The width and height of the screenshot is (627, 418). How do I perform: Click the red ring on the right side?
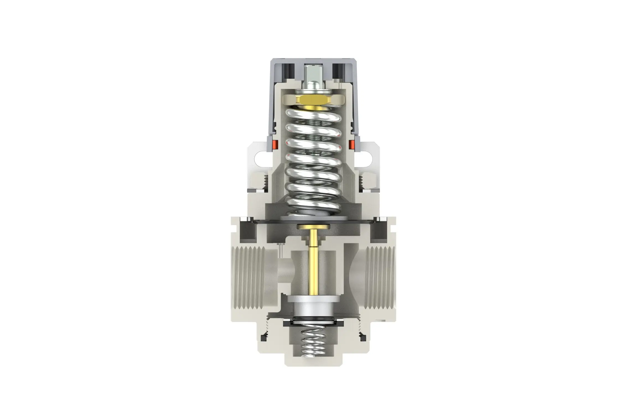[352, 144]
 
